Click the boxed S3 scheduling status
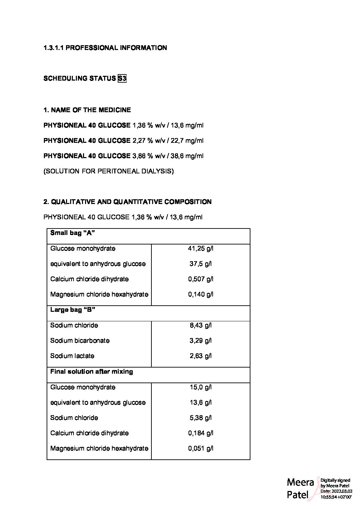tap(122, 79)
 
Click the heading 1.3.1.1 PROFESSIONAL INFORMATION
tap(105, 48)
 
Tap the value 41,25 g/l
tap(200, 249)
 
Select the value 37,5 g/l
tap(200, 264)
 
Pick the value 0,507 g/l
tap(200, 279)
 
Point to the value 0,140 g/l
tap(200, 294)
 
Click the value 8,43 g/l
tap(200, 325)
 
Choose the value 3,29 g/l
tap(200, 341)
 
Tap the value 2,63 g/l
tap(200, 356)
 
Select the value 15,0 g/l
tap(200, 387)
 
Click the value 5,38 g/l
tap(200, 418)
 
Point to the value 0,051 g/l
tap(200, 448)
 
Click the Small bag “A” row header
tap(72, 233)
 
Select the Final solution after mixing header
tap(92, 372)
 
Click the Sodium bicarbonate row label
tap(80, 341)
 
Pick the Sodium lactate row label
tap(72, 356)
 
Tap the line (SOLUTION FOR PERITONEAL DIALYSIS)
tap(109, 171)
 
